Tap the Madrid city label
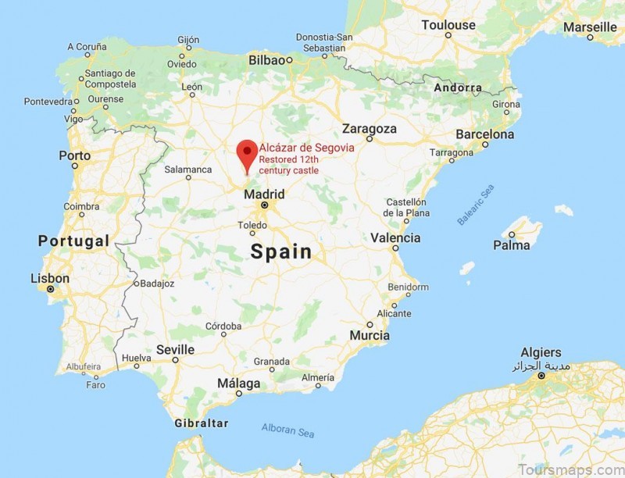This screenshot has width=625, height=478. [x=264, y=194]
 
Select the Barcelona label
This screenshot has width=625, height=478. [x=484, y=134]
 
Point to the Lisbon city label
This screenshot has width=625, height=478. [x=50, y=278]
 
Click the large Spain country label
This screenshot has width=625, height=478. [x=280, y=251]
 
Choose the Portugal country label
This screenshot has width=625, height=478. [x=73, y=241]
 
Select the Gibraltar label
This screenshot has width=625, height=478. [x=202, y=423]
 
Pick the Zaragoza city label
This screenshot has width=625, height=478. [x=370, y=128]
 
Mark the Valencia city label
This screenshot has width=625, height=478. [x=395, y=238]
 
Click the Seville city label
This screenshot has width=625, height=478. [x=175, y=349]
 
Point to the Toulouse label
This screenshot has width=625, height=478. [x=448, y=25]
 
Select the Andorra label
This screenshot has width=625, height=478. [x=458, y=87]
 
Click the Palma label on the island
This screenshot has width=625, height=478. [x=512, y=245]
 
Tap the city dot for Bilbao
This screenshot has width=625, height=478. [x=289, y=59]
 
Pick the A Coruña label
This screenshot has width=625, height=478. [x=86, y=47]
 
